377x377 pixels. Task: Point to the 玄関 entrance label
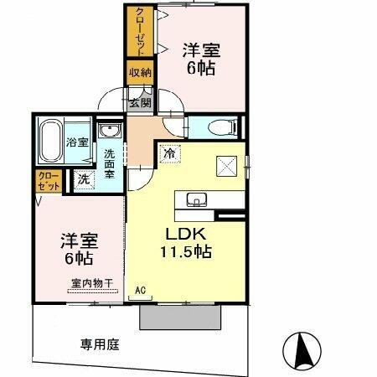pyautogui.click(x=140, y=103)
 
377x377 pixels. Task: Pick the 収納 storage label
pyautogui.click(x=139, y=73)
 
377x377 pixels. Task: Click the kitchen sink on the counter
pyautogui.click(x=199, y=199)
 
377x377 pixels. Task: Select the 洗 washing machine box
pyautogui.click(x=84, y=178)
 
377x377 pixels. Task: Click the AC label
pyautogui.click(x=141, y=290)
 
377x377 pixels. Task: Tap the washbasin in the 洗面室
pyautogui.click(x=109, y=132)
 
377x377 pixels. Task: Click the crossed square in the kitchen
pyautogui.click(x=227, y=165)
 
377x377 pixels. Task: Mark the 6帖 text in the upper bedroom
pyautogui.click(x=203, y=70)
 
